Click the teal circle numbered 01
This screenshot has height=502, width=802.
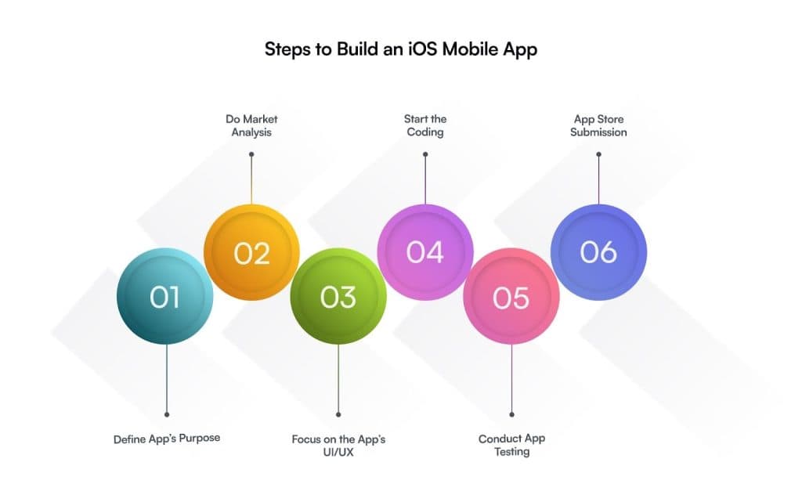pyautogui.click(x=164, y=296)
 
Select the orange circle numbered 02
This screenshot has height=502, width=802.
pyautogui.click(x=251, y=252)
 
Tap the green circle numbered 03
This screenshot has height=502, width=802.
pyautogui.click(x=338, y=296)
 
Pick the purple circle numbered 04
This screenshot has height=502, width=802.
pyautogui.click(x=425, y=252)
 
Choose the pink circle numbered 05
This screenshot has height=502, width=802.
pyautogui.click(x=511, y=297)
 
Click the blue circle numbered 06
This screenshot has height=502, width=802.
pyautogui.click(x=598, y=252)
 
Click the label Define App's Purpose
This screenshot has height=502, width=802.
pyautogui.click(x=167, y=439)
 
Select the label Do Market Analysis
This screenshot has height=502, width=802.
pyautogui.click(x=251, y=126)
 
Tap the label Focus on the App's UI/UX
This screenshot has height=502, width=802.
pyautogui.click(x=338, y=446)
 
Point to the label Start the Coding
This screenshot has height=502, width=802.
pyautogui.click(x=425, y=126)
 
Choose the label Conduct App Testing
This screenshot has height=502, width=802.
pyautogui.click(x=512, y=446)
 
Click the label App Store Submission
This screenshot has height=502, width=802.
pyautogui.click(x=598, y=126)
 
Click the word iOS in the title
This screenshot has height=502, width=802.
pyautogui.click(x=423, y=49)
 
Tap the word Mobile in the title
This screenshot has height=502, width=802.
pyautogui.click(x=470, y=49)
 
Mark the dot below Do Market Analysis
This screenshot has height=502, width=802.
pyautogui.click(x=251, y=154)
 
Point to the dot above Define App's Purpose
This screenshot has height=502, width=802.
pyautogui.click(x=167, y=414)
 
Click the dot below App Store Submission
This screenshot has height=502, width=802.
pyautogui.click(x=598, y=154)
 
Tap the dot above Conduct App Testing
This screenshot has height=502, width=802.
pyautogui.click(x=511, y=414)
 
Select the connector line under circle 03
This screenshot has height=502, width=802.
pyautogui.click(x=338, y=378)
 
